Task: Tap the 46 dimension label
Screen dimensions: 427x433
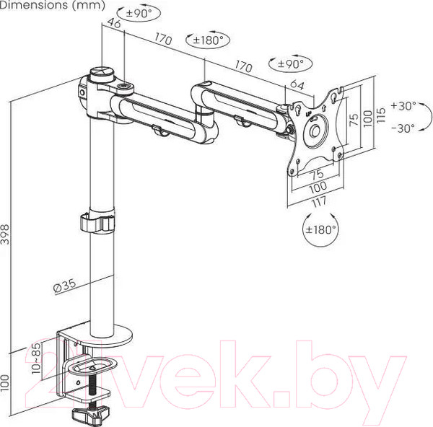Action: [113, 23]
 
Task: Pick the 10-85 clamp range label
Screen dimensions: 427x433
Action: [36, 358]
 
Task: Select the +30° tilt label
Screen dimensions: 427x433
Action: [403, 105]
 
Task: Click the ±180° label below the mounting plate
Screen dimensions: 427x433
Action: [318, 230]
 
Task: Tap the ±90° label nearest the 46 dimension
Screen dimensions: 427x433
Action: [137, 14]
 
